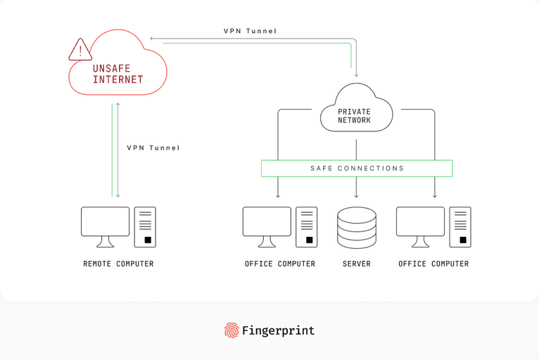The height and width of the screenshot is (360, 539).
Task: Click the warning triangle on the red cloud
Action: click(80, 50)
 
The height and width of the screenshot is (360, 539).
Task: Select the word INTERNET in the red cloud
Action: click(118, 79)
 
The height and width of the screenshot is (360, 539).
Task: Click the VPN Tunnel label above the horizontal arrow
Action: click(250, 31)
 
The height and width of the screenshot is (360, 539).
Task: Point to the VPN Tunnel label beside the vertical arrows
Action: click(153, 148)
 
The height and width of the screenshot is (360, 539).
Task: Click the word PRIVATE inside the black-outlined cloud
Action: click(354, 112)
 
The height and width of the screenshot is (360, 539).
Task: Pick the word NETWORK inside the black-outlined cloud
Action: click(354, 120)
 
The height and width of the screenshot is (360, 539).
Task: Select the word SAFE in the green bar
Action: click(322, 169)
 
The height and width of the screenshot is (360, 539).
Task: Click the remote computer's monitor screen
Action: click(105, 221)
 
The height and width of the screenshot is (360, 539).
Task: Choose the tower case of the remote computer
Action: click(145, 226)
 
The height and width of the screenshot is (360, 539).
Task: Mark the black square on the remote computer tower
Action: click(148, 240)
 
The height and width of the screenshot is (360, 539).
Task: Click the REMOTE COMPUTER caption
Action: click(118, 264)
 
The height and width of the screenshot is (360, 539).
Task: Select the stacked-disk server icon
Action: click(357, 227)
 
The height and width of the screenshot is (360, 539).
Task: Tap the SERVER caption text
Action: click(357, 264)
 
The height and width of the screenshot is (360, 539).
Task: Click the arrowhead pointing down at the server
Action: click(357, 195)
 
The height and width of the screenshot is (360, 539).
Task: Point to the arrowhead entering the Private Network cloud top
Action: click(357, 74)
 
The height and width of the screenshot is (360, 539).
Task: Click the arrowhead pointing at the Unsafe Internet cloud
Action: click(153, 39)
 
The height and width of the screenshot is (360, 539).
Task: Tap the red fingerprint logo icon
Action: click(231, 330)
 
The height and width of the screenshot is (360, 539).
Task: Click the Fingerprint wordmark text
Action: click(278, 330)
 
